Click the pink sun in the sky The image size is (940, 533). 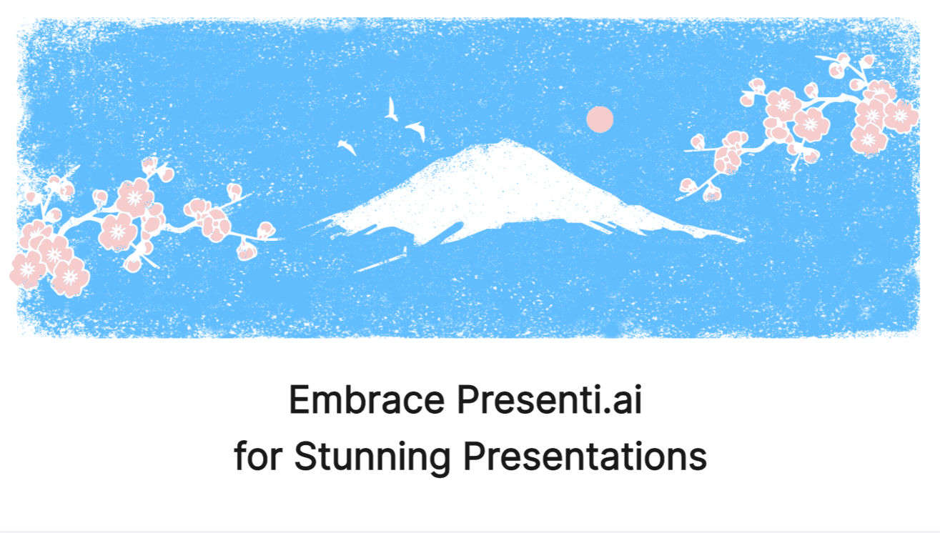(600, 119)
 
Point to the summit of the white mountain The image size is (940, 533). (505, 140)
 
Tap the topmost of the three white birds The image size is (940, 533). (391, 109)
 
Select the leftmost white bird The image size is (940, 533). (347, 146)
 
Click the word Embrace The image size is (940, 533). (367, 400)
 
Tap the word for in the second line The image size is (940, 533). (258, 456)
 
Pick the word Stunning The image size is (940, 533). (372, 458)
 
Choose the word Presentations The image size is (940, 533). (585, 456)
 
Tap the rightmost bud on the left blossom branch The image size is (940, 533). (266, 231)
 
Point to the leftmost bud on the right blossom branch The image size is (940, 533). (688, 185)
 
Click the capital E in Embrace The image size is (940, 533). (300, 400)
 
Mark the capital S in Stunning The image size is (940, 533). (306, 456)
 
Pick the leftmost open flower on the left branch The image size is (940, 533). (27, 269)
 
